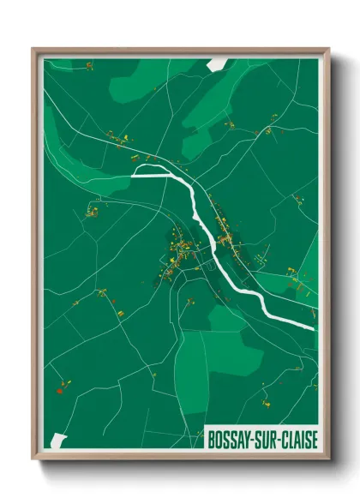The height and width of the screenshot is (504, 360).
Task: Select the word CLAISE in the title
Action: coord(298,439)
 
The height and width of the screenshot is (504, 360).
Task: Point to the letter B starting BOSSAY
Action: coord(212,439)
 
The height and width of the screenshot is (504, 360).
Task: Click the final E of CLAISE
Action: coord(314,439)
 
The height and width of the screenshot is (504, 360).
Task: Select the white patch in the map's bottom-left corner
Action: coord(58,440)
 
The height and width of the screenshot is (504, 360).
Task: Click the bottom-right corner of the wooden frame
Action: coord(328,460)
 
